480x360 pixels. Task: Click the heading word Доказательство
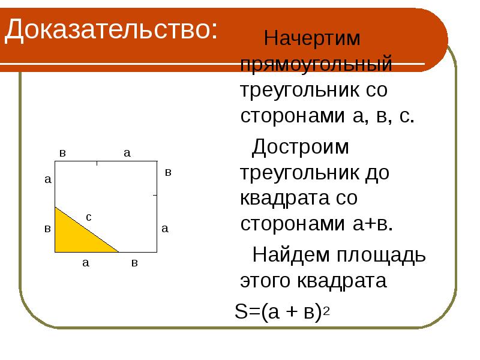click(111, 29)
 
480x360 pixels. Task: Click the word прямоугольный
click(316, 64)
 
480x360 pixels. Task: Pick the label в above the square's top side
click(62, 153)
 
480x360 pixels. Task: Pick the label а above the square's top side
click(127, 153)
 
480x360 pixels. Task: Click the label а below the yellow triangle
click(86, 262)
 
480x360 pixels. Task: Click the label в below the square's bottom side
click(135, 263)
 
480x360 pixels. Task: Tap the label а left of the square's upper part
click(47, 179)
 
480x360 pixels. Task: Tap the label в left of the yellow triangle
click(47, 229)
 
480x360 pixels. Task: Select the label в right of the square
click(168, 172)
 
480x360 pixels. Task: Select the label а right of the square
click(165, 228)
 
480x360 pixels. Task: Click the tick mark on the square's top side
click(97, 163)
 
